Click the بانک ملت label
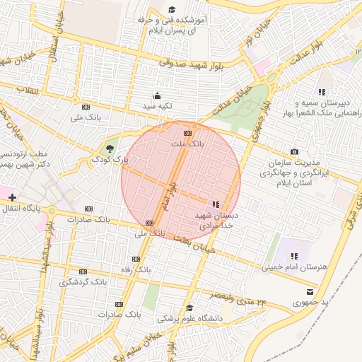click(187, 144)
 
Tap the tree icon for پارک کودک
click(109, 148)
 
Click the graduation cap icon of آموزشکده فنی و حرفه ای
click(172, 10)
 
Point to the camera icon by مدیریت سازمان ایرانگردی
click(294, 152)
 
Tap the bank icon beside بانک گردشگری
click(83, 271)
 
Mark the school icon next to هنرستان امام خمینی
click(294, 256)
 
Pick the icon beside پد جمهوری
click(309, 291)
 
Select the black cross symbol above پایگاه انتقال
click(12, 195)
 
